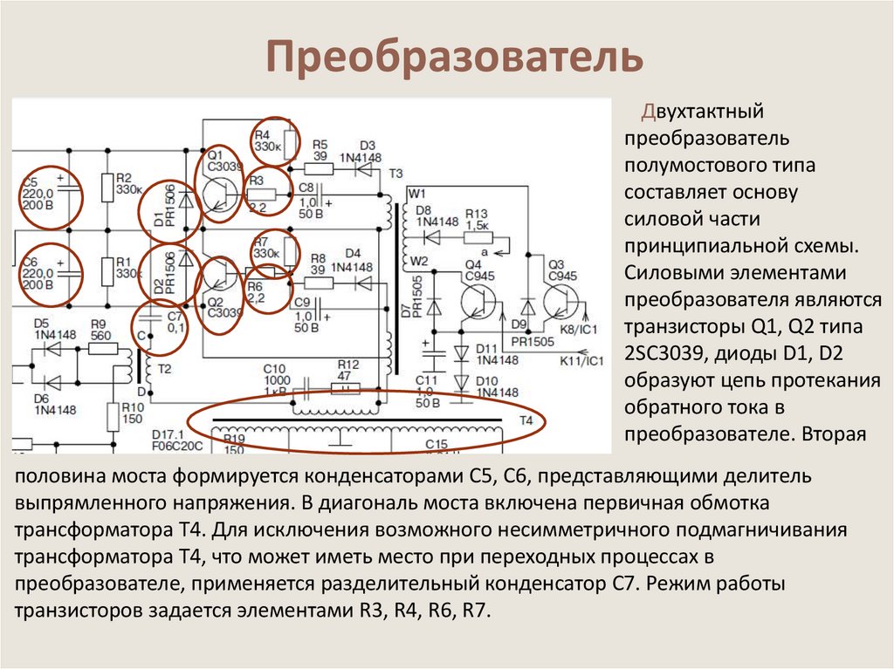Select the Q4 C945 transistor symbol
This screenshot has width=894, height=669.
point(478,302)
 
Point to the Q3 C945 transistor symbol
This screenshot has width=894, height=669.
point(559,302)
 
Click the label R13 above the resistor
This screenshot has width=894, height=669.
point(476,213)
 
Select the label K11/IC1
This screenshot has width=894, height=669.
point(583,358)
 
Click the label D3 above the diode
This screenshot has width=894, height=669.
point(367,145)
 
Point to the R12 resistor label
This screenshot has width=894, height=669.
point(347,364)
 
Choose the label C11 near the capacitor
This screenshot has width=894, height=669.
point(426,380)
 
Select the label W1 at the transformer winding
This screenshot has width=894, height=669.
point(416,192)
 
